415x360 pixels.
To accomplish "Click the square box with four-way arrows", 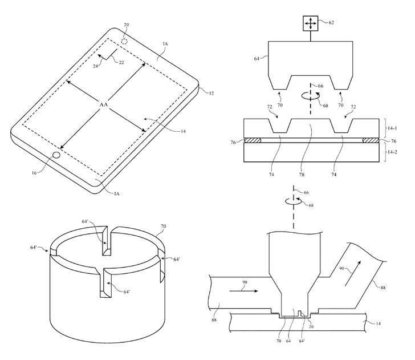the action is click(x=310, y=23).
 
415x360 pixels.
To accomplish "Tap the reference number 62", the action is click(x=331, y=22).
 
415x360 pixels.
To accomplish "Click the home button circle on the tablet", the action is click(x=56, y=155).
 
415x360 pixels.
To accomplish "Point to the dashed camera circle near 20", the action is click(x=124, y=41).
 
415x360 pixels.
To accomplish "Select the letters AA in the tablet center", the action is click(x=104, y=104).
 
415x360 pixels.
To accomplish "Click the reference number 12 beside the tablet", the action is click(x=211, y=93).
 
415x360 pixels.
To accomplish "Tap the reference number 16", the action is click(x=34, y=173).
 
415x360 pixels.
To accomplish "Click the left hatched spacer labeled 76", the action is click(x=252, y=140).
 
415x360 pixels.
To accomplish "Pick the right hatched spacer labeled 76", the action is click(x=371, y=140).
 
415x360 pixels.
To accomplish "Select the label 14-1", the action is click(x=392, y=128).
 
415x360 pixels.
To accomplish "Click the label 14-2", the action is click(x=392, y=152).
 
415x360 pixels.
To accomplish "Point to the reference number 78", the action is click(x=302, y=175).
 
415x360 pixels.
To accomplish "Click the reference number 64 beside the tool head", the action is click(x=257, y=59).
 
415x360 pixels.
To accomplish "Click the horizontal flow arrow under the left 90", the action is click(x=243, y=291).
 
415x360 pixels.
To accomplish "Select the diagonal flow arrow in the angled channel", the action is click(x=352, y=273).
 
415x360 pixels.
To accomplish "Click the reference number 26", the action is click(x=311, y=326).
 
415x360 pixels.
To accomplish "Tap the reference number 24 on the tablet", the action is click(x=96, y=66).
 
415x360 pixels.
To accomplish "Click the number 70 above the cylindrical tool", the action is click(x=163, y=226).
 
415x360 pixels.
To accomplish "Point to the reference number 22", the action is click(x=121, y=63).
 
